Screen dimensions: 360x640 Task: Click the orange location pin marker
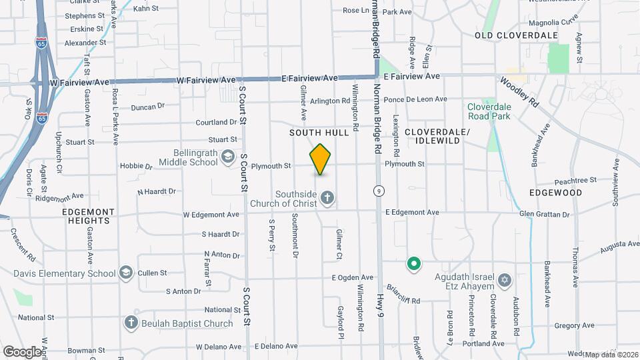[x=321, y=159]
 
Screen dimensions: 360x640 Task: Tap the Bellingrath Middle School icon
[x=228, y=157]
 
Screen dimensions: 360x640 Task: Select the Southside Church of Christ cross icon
[x=327, y=197]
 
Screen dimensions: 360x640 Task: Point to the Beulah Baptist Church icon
[x=131, y=323]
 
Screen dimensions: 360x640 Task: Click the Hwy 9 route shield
[x=378, y=190]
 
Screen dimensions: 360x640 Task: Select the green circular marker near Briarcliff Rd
[x=413, y=265]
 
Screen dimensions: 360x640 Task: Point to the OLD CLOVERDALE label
[x=507, y=35]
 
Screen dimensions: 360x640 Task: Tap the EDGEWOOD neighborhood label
[x=555, y=193]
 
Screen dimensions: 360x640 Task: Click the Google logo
[x=22, y=351]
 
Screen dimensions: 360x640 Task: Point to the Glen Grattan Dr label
[x=545, y=215]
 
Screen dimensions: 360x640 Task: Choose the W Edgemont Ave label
[x=211, y=215]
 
